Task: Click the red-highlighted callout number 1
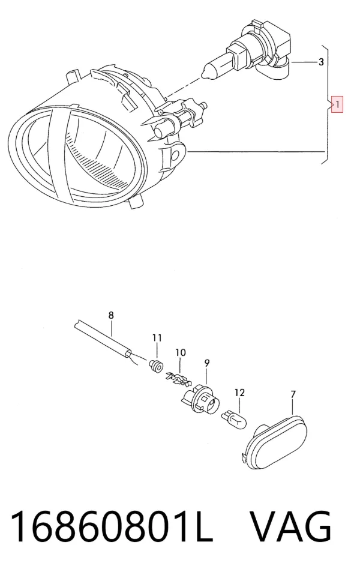(337, 104)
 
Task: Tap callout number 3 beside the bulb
(321, 62)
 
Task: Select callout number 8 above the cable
(111, 315)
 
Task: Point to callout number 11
(157, 338)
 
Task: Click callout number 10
(181, 353)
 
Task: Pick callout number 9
(207, 363)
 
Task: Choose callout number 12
(239, 393)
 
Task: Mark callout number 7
(293, 394)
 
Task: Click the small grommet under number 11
(156, 366)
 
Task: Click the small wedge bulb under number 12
(234, 420)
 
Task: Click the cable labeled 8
(102, 338)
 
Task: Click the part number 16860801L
(112, 527)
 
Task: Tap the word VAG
(291, 526)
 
